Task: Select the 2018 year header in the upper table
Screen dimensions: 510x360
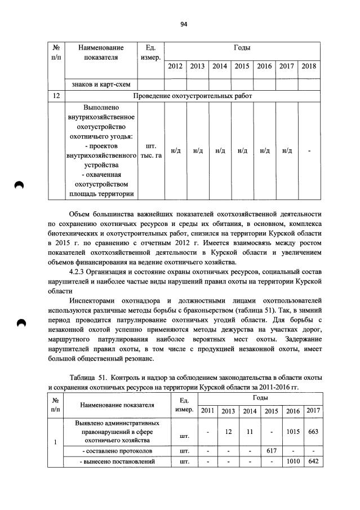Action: [309, 66]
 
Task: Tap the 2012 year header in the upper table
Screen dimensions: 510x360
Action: [175, 66]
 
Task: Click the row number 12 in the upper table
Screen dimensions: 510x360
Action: [56, 96]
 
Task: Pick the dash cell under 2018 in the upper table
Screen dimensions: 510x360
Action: [309, 151]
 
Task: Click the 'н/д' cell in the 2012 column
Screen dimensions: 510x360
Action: [175, 151]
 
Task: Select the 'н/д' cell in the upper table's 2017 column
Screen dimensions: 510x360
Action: [287, 151]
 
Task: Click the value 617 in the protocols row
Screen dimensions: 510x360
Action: [272, 451]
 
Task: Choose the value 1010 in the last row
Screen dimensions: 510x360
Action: [293, 462]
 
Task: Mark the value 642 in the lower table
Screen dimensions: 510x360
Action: [313, 462]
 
